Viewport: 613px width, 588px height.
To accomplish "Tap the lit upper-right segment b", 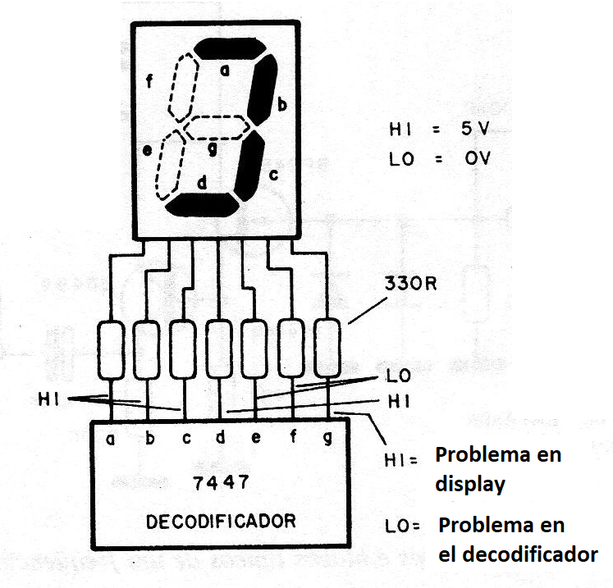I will tap(263, 92).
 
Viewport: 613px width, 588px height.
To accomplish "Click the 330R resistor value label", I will tap(409, 287).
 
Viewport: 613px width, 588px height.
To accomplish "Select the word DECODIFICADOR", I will tap(221, 521).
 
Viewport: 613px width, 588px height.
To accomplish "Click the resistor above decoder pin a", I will tap(112, 349).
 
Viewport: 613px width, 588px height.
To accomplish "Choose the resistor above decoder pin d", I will tap(219, 349).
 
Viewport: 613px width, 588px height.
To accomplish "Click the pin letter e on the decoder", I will tap(256, 438).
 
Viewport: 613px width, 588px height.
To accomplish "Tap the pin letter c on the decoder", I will tap(185, 438).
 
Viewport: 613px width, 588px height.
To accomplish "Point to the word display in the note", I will tap(469, 484).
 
